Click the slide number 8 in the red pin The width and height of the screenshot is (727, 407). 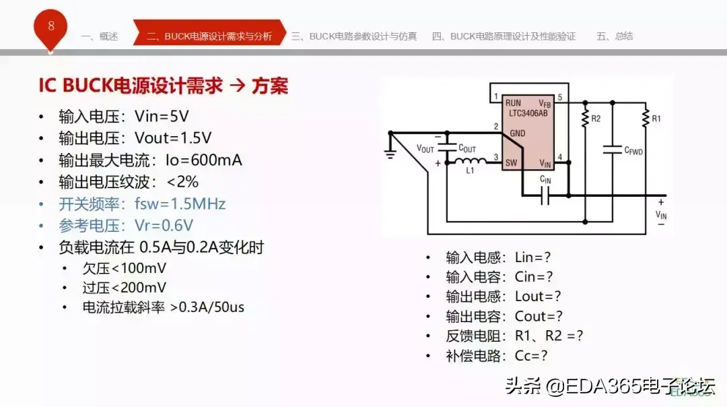click(51, 26)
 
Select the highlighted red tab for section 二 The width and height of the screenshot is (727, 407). click(209, 36)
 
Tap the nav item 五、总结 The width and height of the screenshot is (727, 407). click(614, 36)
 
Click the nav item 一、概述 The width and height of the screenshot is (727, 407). click(100, 36)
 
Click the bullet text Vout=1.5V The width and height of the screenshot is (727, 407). click(135, 138)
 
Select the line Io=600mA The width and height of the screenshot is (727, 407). click(150, 160)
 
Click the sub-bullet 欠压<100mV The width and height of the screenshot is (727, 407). click(124, 268)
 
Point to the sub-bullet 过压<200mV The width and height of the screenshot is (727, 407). click(124, 288)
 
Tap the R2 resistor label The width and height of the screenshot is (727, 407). click(595, 119)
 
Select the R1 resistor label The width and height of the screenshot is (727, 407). click(656, 119)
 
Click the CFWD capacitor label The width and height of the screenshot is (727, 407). click(633, 152)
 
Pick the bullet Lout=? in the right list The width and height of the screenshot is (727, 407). click(504, 296)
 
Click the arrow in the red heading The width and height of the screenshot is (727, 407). click(238, 86)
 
